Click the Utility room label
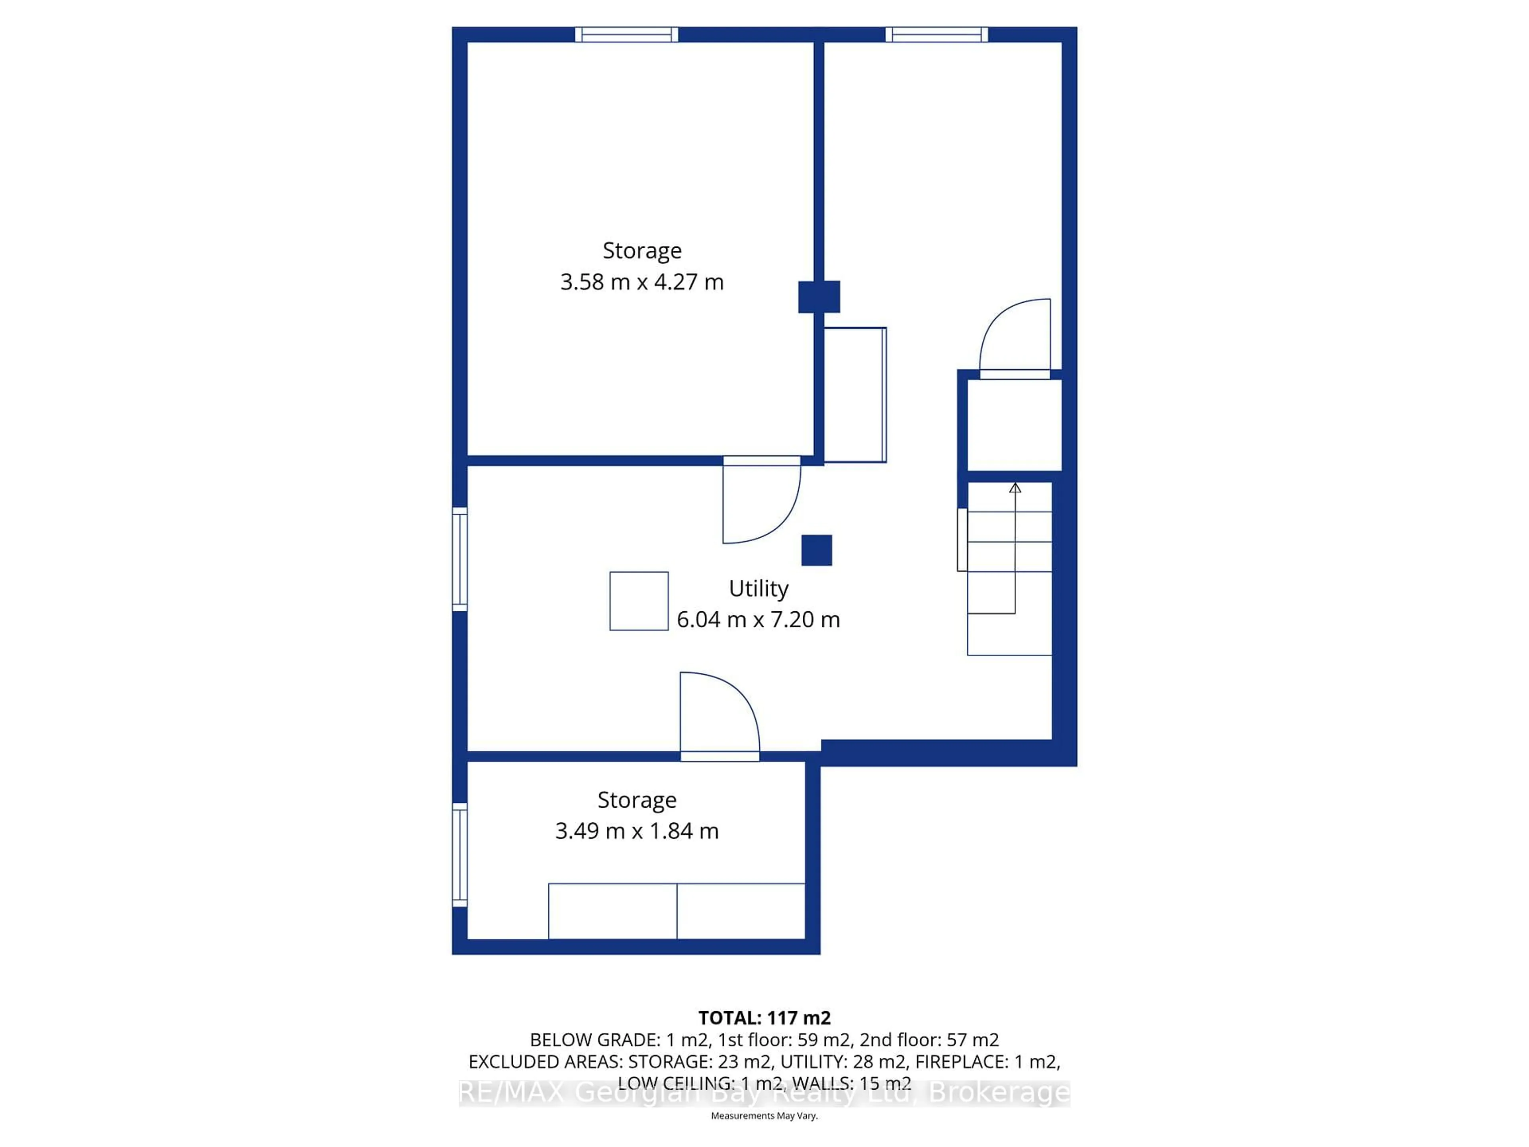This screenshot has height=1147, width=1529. point(758,588)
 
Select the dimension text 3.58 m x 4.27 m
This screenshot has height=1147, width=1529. point(641,282)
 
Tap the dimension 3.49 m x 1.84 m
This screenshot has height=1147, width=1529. point(637,830)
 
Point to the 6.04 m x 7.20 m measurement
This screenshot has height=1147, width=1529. point(758,619)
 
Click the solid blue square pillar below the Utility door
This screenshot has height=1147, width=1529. point(816,550)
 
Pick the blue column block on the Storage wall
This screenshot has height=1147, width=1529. point(819,297)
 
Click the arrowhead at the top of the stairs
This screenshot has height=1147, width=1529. point(1015,488)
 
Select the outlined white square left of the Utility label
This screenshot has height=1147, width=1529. point(639,601)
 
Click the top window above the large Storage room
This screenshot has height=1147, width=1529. point(626,35)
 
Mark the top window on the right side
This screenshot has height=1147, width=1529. point(937,35)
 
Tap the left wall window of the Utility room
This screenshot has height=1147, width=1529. point(459,559)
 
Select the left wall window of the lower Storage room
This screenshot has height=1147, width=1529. point(459,855)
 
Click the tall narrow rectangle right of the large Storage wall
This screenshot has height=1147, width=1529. point(855,395)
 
